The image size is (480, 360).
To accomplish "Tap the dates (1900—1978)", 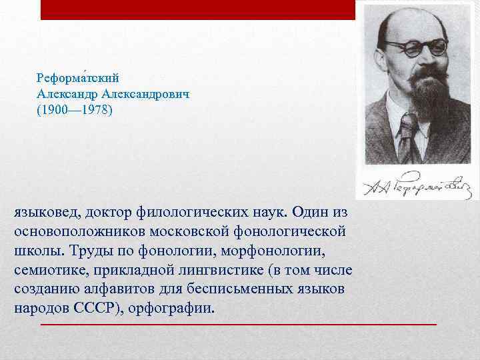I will tap(75, 110).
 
